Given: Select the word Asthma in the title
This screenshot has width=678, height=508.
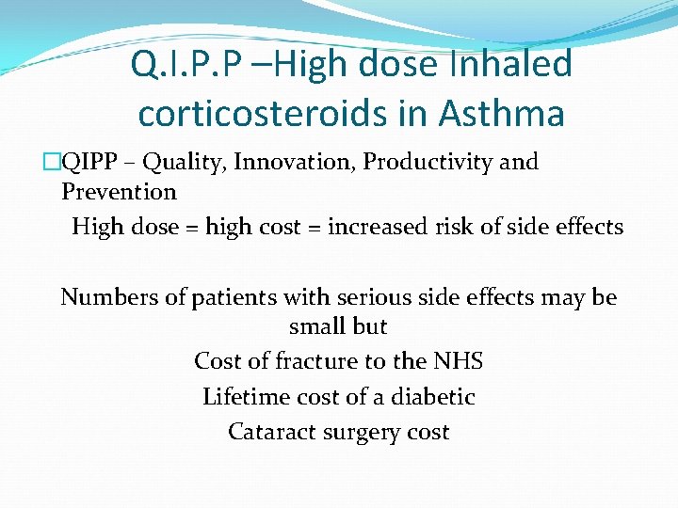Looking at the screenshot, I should coord(501,114).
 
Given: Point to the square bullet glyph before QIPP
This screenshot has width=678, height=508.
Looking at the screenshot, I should coord(53,163).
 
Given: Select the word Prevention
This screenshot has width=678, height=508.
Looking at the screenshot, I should coord(119,192).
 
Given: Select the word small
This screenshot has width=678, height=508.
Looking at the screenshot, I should coord(319,327).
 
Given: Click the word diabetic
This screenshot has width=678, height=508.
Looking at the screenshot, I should coord(433,397).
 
